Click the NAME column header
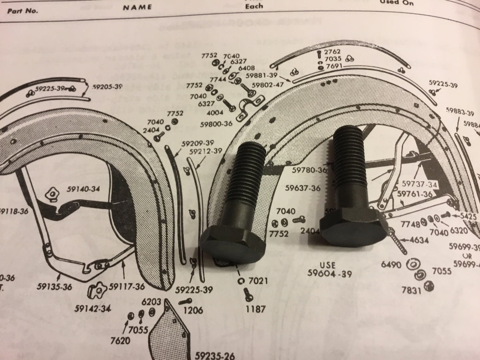click(137, 7)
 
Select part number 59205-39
click(107, 87)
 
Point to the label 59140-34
click(83, 189)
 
